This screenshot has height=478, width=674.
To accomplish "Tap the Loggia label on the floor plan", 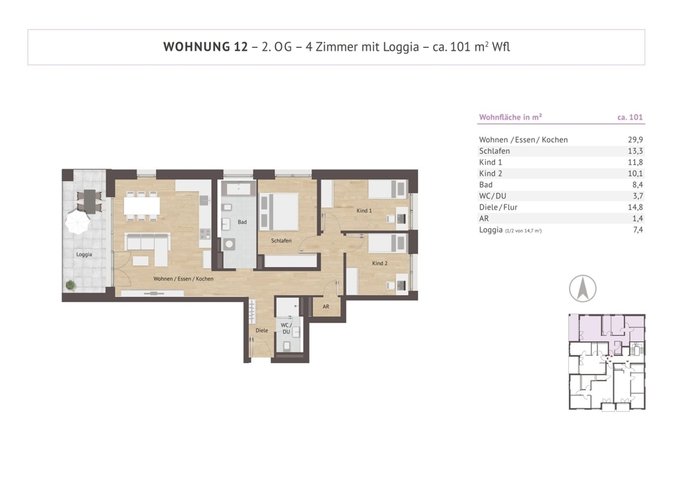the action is pyautogui.click(x=84, y=255).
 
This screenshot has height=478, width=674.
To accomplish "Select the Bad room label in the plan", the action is pyautogui.click(x=242, y=222).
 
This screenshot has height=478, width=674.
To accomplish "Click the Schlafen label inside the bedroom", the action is pyautogui.click(x=281, y=241).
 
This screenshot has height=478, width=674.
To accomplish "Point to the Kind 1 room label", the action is pyautogui.click(x=364, y=210).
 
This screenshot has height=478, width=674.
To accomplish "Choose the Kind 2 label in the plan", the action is pyautogui.click(x=380, y=263).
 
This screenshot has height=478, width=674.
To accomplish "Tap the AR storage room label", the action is pyautogui.click(x=326, y=307).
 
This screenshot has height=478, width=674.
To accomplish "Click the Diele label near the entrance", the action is pyautogui.click(x=261, y=330).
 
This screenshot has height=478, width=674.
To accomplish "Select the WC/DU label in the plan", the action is pyautogui.click(x=287, y=328).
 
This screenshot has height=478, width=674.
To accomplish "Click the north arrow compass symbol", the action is pyautogui.click(x=583, y=289).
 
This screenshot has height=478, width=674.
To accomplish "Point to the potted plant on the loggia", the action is pyautogui.click(x=70, y=284).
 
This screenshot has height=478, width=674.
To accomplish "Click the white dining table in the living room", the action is pyautogui.click(x=142, y=206).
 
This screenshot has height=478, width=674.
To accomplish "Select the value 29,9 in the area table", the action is pyautogui.click(x=635, y=140).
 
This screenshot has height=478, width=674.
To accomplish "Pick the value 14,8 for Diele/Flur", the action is pyautogui.click(x=635, y=207).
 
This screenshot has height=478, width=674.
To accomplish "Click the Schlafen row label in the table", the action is pyautogui.click(x=494, y=151).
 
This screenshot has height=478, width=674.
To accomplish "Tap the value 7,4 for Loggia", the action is pyautogui.click(x=638, y=230).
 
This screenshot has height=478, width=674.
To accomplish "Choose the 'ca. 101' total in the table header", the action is pyautogui.click(x=630, y=117).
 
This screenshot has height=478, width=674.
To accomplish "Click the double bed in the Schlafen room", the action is pyautogui.click(x=279, y=212).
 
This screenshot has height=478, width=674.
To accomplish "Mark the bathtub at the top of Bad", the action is pyautogui.click(x=239, y=189).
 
